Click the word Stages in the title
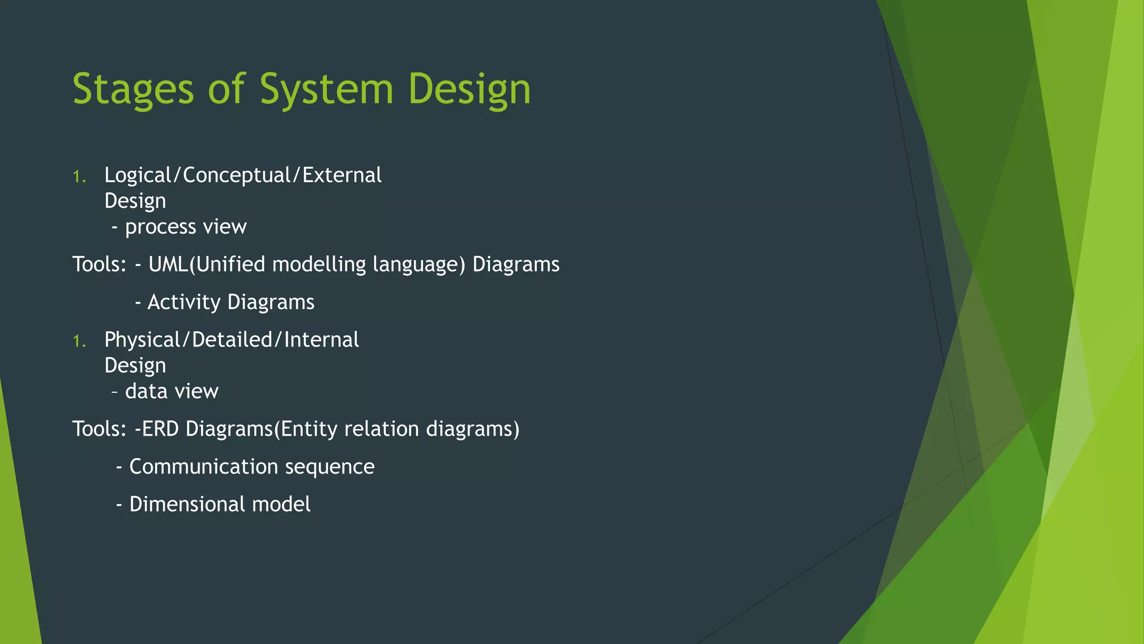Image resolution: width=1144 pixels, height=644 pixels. pyautogui.click(x=134, y=89)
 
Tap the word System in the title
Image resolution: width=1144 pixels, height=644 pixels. pyautogui.click(x=326, y=89)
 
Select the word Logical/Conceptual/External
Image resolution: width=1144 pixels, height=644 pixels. pyautogui.click(x=243, y=176)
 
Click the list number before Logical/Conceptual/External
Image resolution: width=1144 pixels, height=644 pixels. pyautogui.click(x=79, y=177)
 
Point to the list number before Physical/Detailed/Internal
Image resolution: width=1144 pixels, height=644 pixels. pyautogui.click(x=79, y=342)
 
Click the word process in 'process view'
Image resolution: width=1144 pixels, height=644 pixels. pyautogui.click(x=161, y=227)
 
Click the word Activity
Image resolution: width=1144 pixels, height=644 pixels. pyautogui.click(x=184, y=302)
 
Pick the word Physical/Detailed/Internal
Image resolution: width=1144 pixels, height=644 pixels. pyautogui.click(x=231, y=340)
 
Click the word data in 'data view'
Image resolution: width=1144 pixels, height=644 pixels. pyautogui.click(x=146, y=391)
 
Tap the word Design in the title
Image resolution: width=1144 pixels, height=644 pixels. pyautogui.click(x=469, y=89)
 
